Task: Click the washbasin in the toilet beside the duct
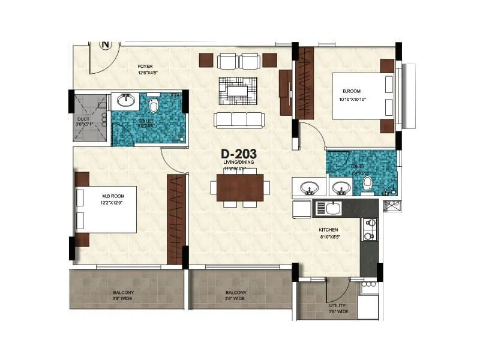pos(125,101)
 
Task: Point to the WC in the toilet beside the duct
pos(154,106)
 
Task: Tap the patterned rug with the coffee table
pos(238,88)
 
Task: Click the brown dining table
pos(240,187)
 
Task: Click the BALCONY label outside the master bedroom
pos(124,295)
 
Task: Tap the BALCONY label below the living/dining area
pos(235,295)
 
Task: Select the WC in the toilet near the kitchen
pos(367,184)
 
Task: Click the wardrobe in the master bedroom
pos(176,218)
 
